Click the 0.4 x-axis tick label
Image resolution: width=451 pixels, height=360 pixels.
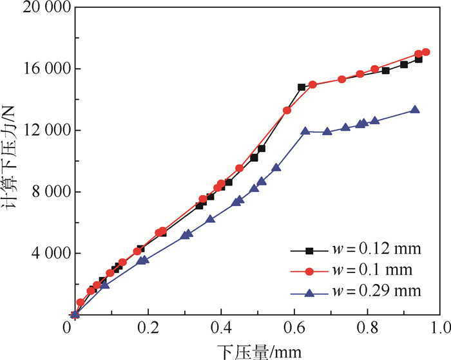click(x=222, y=329)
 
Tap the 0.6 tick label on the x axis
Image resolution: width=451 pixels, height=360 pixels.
click(x=294, y=329)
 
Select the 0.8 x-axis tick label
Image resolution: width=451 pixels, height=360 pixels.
click(x=368, y=329)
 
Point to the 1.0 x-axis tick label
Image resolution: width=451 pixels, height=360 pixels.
click(x=441, y=329)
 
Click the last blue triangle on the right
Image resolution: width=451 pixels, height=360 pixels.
click(x=414, y=110)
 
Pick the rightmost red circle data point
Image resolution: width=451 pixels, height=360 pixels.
click(x=426, y=52)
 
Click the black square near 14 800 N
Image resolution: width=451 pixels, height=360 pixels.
click(x=302, y=87)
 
